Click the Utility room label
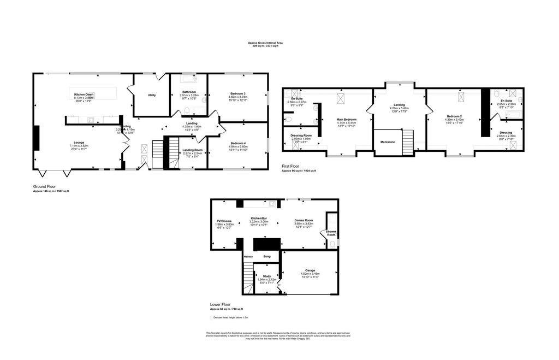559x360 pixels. point(151,95)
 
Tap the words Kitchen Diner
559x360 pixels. point(84,95)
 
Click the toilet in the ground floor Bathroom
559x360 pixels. point(187,111)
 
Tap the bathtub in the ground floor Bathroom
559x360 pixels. point(188,78)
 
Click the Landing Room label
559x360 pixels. point(192,150)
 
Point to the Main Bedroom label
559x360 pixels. point(347,119)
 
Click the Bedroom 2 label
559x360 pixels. point(455,116)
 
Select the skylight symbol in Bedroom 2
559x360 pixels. point(461,96)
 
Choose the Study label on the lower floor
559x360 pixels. point(267,276)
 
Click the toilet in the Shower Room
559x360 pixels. point(332,245)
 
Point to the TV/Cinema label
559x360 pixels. point(224,221)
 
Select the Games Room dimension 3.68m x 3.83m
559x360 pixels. point(304,224)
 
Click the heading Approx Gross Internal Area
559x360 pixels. point(265,43)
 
